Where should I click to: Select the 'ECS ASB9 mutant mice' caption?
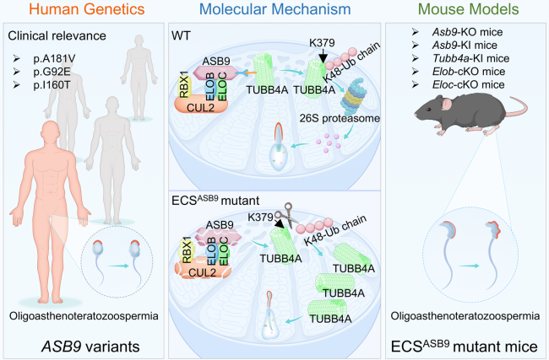[465, 344]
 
